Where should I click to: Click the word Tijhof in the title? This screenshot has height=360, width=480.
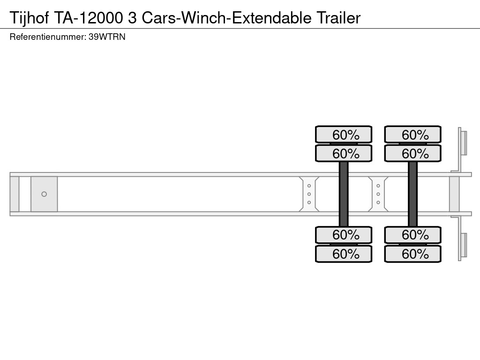(x=29, y=18)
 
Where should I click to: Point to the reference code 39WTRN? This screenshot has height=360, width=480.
(x=107, y=37)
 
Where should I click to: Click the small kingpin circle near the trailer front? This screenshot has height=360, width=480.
(x=44, y=194)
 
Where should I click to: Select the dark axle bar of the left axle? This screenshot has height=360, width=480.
(x=344, y=194)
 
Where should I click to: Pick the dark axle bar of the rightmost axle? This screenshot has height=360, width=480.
(x=412, y=194)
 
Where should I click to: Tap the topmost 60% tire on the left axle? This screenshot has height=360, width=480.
(x=344, y=135)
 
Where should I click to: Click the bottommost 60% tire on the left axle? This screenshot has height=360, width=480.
(x=344, y=254)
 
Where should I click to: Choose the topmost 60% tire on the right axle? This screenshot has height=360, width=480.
(x=413, y=135)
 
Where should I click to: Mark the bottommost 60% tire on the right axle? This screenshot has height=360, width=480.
(x=413, y=254)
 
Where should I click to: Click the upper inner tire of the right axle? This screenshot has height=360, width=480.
(x=413, y=153)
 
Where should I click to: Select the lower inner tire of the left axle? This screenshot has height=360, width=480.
(x=344, y=234)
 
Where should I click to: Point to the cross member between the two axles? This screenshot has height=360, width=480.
(x=378, y=194)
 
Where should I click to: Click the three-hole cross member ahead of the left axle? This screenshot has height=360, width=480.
(x=309, y=194)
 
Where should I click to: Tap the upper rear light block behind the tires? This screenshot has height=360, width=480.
(x=464, y=142)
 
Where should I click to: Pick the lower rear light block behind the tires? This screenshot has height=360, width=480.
(x=464, y=245)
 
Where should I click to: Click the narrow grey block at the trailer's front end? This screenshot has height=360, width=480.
(x=15, y=194)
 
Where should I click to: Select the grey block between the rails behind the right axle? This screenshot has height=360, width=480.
(x=454, y=194)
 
